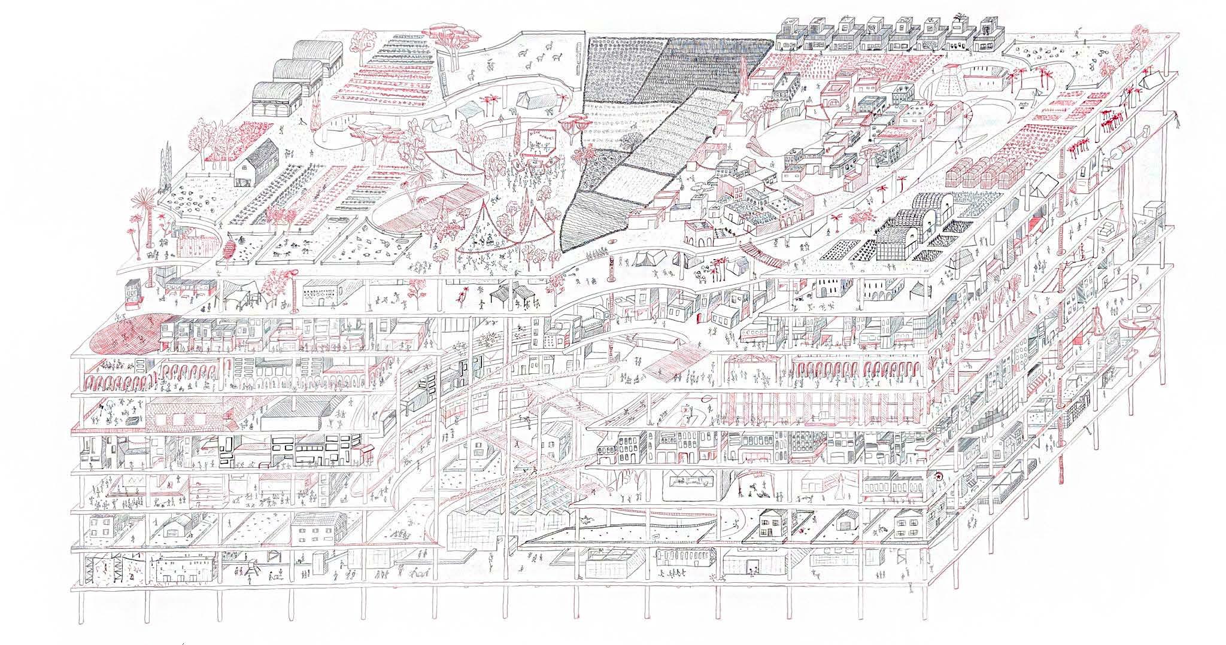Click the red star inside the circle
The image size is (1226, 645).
[x=938, y=476]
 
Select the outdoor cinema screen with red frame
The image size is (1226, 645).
[x=539, y=144]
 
